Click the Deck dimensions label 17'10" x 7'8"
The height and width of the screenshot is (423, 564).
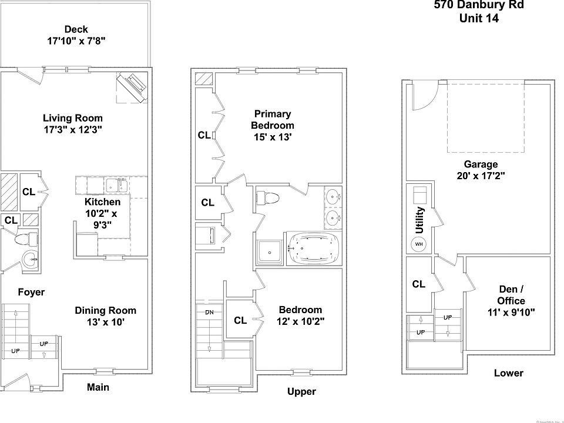coord(76,41)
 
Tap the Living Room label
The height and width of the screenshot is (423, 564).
coord(73,118)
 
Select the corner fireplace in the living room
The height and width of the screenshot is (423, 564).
coord(132,87)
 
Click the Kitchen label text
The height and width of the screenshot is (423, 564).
coord(102,202)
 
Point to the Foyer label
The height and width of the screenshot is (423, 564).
coord(31,292)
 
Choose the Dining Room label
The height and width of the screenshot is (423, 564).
coord(105,310)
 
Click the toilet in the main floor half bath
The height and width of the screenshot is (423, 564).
coord(25,239)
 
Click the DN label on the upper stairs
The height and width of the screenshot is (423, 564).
coord(209,312)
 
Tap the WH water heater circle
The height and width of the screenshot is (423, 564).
coord(419,244)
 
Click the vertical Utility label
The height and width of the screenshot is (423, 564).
coord(419,220)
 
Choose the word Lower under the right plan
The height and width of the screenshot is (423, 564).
coord(508,373)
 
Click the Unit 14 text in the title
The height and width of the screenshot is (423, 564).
coord(479,18)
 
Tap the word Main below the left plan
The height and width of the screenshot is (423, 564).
coord(98,387)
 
